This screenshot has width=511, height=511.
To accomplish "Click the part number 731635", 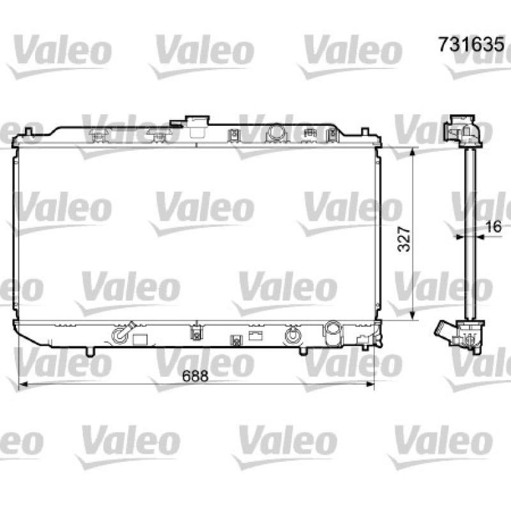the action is pyautogui.click(x=471, y=44).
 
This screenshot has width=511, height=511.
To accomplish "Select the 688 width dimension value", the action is pyautogui.click(x=195, y=376).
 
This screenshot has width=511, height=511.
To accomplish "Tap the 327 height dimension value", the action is pyautogui.click(x=404, y=239).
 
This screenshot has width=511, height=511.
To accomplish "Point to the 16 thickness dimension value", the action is pyautogui.click(x=493, y=227).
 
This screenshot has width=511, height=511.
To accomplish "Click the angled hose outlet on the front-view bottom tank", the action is pyautogui.click(x=123, y=333).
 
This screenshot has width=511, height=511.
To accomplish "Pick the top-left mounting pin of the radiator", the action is pyautogui.click(x=29, y=132).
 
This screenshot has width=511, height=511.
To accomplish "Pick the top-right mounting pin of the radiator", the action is pyautogui.click(x=365, y=132).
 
